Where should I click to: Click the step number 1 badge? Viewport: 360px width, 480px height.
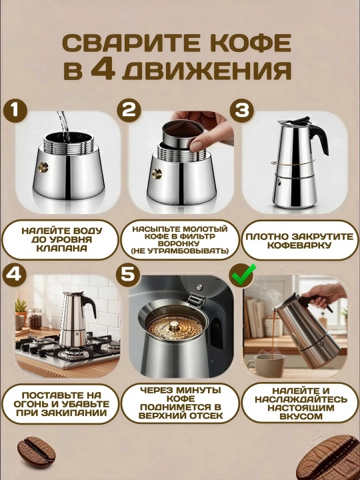(x=15, y=110)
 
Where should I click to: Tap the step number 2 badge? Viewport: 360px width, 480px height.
(x=129, y=110)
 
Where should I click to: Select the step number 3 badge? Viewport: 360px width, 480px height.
(x=242, y=110)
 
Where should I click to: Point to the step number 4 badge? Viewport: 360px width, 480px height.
(x=14, y=275)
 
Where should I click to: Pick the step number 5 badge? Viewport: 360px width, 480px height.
(x=127, y=274)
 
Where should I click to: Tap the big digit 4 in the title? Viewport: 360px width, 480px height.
(x=103, y=70)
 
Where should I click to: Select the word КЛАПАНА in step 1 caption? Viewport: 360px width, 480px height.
(x=61, y=248)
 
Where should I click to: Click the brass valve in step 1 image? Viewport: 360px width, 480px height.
(x=43, y=167)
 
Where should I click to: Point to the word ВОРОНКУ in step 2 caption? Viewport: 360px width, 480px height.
(x=179, y=244)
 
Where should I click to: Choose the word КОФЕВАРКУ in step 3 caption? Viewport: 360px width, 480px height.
(x=299, y=245)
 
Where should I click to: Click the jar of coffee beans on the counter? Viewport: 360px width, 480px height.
(x=35, y=319)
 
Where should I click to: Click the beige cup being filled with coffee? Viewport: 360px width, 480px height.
(x=265, y=365)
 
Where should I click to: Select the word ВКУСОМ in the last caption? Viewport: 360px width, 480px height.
(x=297, y=416)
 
